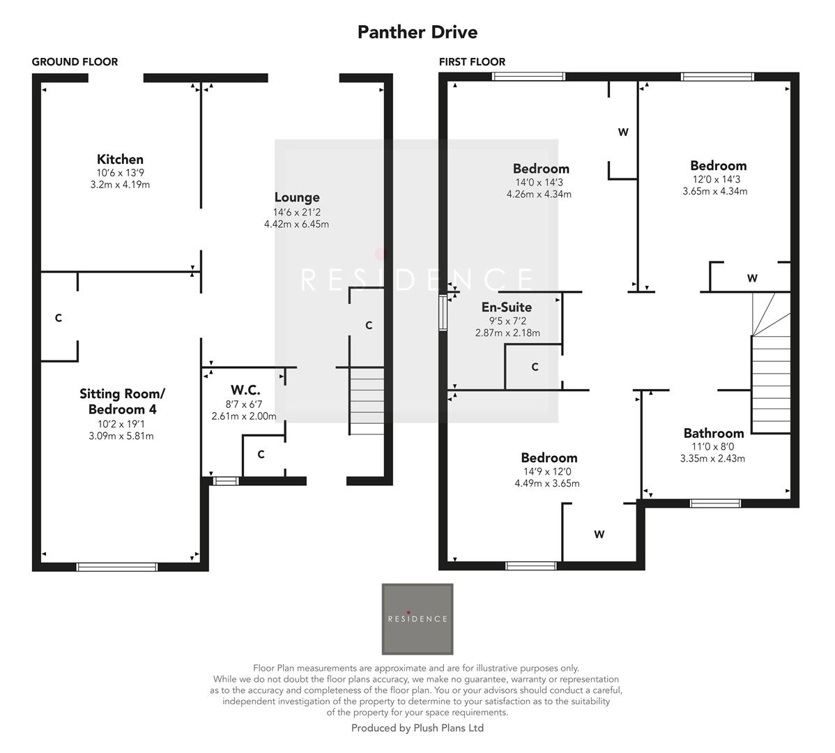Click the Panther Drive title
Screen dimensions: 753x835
coord(417,32)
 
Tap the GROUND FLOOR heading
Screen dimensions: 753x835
coord(75,62)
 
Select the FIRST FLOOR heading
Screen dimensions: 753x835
coord(472,62)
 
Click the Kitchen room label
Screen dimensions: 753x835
coord(120,160)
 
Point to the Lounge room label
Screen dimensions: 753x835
coord(297,198)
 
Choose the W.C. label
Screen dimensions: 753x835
coord(245,390)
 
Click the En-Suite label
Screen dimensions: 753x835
coord(507,307)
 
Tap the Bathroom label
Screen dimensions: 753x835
coord(713,434)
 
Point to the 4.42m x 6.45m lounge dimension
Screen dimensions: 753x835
coord(296,225)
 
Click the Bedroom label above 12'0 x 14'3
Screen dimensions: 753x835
coord(718,166)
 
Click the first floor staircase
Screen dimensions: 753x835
coord(770,383)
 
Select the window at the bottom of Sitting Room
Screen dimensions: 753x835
coord(117,567)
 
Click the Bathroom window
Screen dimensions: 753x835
coord(715,503)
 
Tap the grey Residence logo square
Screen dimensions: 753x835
coord(417,618)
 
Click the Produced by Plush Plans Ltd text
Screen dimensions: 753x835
coord(417,729)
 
